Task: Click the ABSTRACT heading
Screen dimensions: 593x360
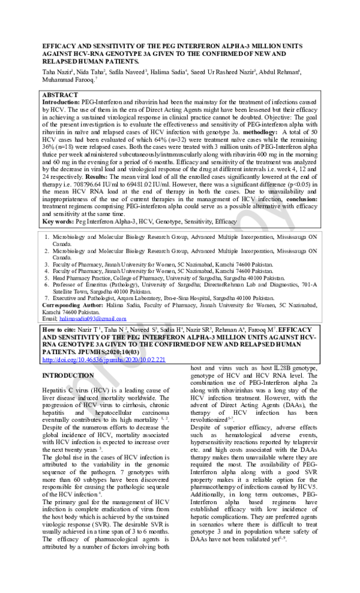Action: [60, 95]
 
